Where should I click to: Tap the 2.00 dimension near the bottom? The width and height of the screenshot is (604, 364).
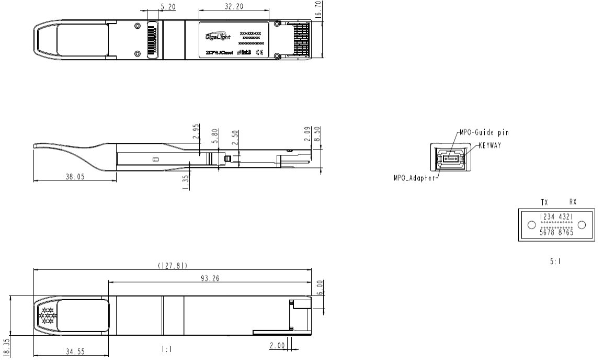(276, 346)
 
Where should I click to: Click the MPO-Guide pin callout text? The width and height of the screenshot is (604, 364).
(484, 132)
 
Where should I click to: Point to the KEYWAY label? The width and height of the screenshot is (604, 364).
(490, 145)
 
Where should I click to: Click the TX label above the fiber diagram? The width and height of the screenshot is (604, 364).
(544, 201)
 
